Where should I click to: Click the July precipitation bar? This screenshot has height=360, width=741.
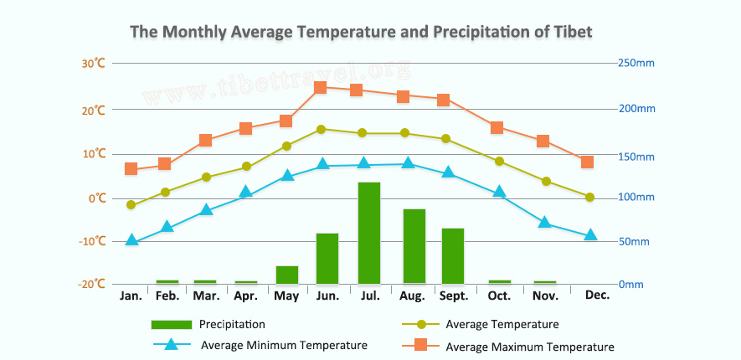pos(369,233)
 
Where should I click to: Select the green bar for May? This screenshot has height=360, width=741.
pos(287,275)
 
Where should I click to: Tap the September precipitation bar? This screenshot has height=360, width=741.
pos(453,255)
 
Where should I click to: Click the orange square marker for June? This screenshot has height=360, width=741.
pos(320,87)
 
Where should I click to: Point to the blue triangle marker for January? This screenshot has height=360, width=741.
pos(131,240)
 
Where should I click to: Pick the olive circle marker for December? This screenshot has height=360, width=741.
pos(589,198)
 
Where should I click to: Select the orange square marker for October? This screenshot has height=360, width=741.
pos(497,128)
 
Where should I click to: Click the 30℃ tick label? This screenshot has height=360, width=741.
pos(94,63)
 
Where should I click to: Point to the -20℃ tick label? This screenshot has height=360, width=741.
pos(92,284)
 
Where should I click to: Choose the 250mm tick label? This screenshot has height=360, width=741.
pos(636,63)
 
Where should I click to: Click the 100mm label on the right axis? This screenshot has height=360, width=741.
pos(636,198)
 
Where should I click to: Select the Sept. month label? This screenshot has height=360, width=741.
pos(455,296)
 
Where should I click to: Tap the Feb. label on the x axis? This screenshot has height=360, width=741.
pos(167,296)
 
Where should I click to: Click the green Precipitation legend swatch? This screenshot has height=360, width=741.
pos(171,324)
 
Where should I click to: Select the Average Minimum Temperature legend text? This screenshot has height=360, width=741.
pos(284,345)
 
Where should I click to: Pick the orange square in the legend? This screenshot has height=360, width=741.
pos(422,345)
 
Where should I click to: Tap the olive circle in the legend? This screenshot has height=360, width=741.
pos(422,324)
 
